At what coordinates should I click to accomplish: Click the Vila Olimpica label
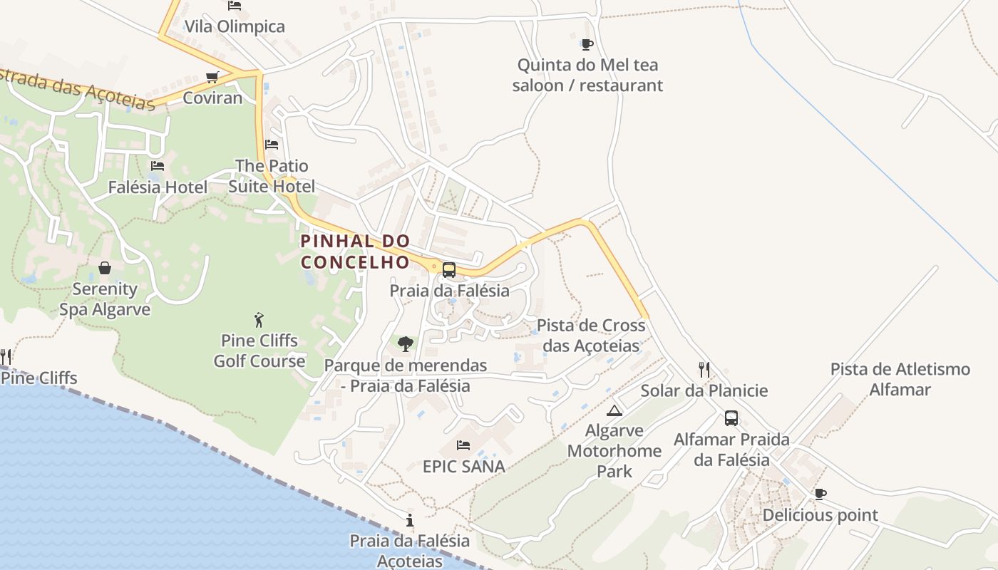tap(235, 26)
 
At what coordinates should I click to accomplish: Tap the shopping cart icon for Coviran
tap(212, 77)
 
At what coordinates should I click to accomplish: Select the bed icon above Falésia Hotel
tap(158, 166)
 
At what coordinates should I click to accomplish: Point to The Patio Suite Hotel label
tap(272, 176)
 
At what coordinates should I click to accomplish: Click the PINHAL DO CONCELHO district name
tap(356, 252)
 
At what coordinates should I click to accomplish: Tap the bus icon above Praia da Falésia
tap(448, 270)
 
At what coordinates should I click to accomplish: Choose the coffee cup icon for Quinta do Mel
tap(587, 45)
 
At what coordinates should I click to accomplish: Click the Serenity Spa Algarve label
tap(105, 299)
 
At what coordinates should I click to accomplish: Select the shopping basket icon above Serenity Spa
tap(105, 268)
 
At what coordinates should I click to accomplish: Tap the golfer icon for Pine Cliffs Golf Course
tap(259, 319)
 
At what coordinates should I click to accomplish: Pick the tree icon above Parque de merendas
tap(406, 344)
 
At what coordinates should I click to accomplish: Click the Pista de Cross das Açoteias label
tap(591, 336)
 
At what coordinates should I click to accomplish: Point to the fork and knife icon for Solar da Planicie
tap(704, 369)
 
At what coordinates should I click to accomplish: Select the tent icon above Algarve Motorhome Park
tap(614, 410)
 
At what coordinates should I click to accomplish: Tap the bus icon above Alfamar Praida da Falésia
tap(731, 418)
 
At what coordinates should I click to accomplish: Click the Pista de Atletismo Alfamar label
tap(900, 379)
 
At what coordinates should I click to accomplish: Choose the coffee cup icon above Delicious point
tap(820, 494)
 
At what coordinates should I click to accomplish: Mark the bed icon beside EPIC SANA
tap(463, 445)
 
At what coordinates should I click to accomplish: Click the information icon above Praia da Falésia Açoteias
tap(409, 520)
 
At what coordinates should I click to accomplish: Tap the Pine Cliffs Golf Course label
tap(259, 351)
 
